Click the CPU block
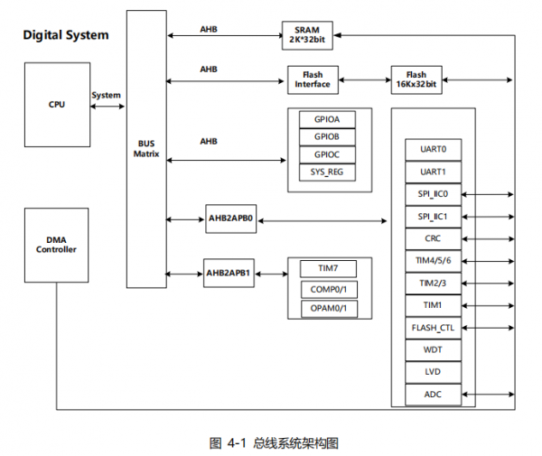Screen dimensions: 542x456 coord(58,105)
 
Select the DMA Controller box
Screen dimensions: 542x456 coord(56,245)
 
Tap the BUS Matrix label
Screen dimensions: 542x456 coord(146,149)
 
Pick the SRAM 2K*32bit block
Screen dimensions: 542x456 coord(307,35)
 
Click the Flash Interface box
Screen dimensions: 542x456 coord(313,79)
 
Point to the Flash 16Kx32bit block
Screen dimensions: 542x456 coord(416,79)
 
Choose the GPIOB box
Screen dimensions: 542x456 coord(327,137)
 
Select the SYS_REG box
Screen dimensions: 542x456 coord(327,172)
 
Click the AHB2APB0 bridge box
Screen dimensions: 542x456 coord(231,219)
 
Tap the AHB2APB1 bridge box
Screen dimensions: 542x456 coord(229,273)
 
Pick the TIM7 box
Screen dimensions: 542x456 coord(328,268)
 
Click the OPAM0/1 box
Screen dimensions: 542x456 coord(329,309)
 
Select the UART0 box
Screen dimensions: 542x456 coord(433,150)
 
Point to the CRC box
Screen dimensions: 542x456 coord(433,238)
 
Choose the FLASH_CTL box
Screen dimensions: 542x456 coord(433,328)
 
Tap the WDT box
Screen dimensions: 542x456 coord(433,350)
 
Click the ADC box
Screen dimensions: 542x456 coord(433,395)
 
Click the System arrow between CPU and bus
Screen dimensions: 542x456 coord(107,107)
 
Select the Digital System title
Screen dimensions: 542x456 coord(66,35)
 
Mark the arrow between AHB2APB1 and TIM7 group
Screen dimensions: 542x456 coord(271,274)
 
